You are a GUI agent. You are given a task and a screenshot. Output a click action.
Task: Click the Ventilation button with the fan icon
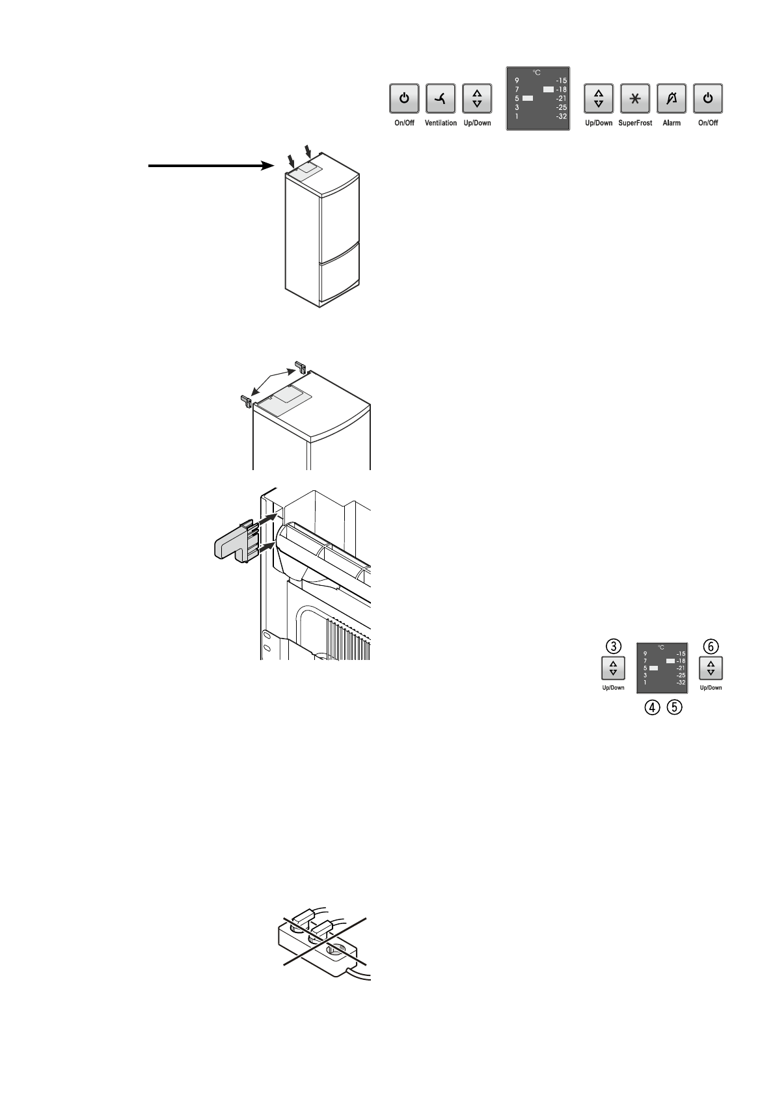(441, 99)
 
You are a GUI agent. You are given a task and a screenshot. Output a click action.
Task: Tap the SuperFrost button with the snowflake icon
(636, 99)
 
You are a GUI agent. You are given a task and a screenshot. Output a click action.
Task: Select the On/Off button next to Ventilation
(404, 99)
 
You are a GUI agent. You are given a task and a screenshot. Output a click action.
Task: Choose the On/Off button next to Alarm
(708, 99)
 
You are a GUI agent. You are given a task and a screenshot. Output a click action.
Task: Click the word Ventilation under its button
(441, 123)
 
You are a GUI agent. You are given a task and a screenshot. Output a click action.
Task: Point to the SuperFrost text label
(636, 123)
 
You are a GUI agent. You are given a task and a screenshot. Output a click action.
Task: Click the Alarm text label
(672, 123)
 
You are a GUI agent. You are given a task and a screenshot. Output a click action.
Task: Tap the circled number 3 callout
(612, 646)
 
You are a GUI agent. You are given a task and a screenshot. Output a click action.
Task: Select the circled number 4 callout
(651, 709)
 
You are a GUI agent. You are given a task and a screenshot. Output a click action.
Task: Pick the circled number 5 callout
(673, 709)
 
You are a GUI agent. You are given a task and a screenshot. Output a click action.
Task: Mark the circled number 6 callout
(711, 646)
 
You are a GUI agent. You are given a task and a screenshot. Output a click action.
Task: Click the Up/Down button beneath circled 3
(612, 668)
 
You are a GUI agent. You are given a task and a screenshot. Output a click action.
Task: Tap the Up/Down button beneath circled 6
(711, 668)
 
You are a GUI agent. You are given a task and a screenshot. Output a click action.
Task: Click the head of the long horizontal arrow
(265, 166)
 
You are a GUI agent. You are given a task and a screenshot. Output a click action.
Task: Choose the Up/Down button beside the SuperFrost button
(599, 99)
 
